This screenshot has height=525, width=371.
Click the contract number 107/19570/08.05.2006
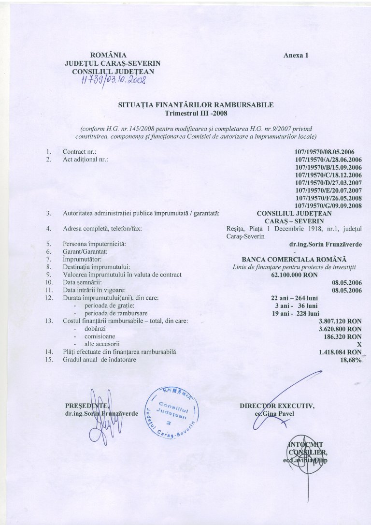click(x=328, y=151)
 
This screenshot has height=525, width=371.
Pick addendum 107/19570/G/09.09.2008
click(x=328, y=205)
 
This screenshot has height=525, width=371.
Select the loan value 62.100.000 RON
click(x=294, y=275)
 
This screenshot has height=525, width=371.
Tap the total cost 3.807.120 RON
click(x=341, y=321)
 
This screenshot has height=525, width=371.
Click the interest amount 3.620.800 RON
click(x=341, y=328)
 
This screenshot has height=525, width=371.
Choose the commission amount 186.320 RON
click(x=344, y=336)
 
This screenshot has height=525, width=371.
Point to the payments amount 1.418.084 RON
click(x=341, y=352)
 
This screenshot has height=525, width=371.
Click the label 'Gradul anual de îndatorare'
click(x=100, y=360)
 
